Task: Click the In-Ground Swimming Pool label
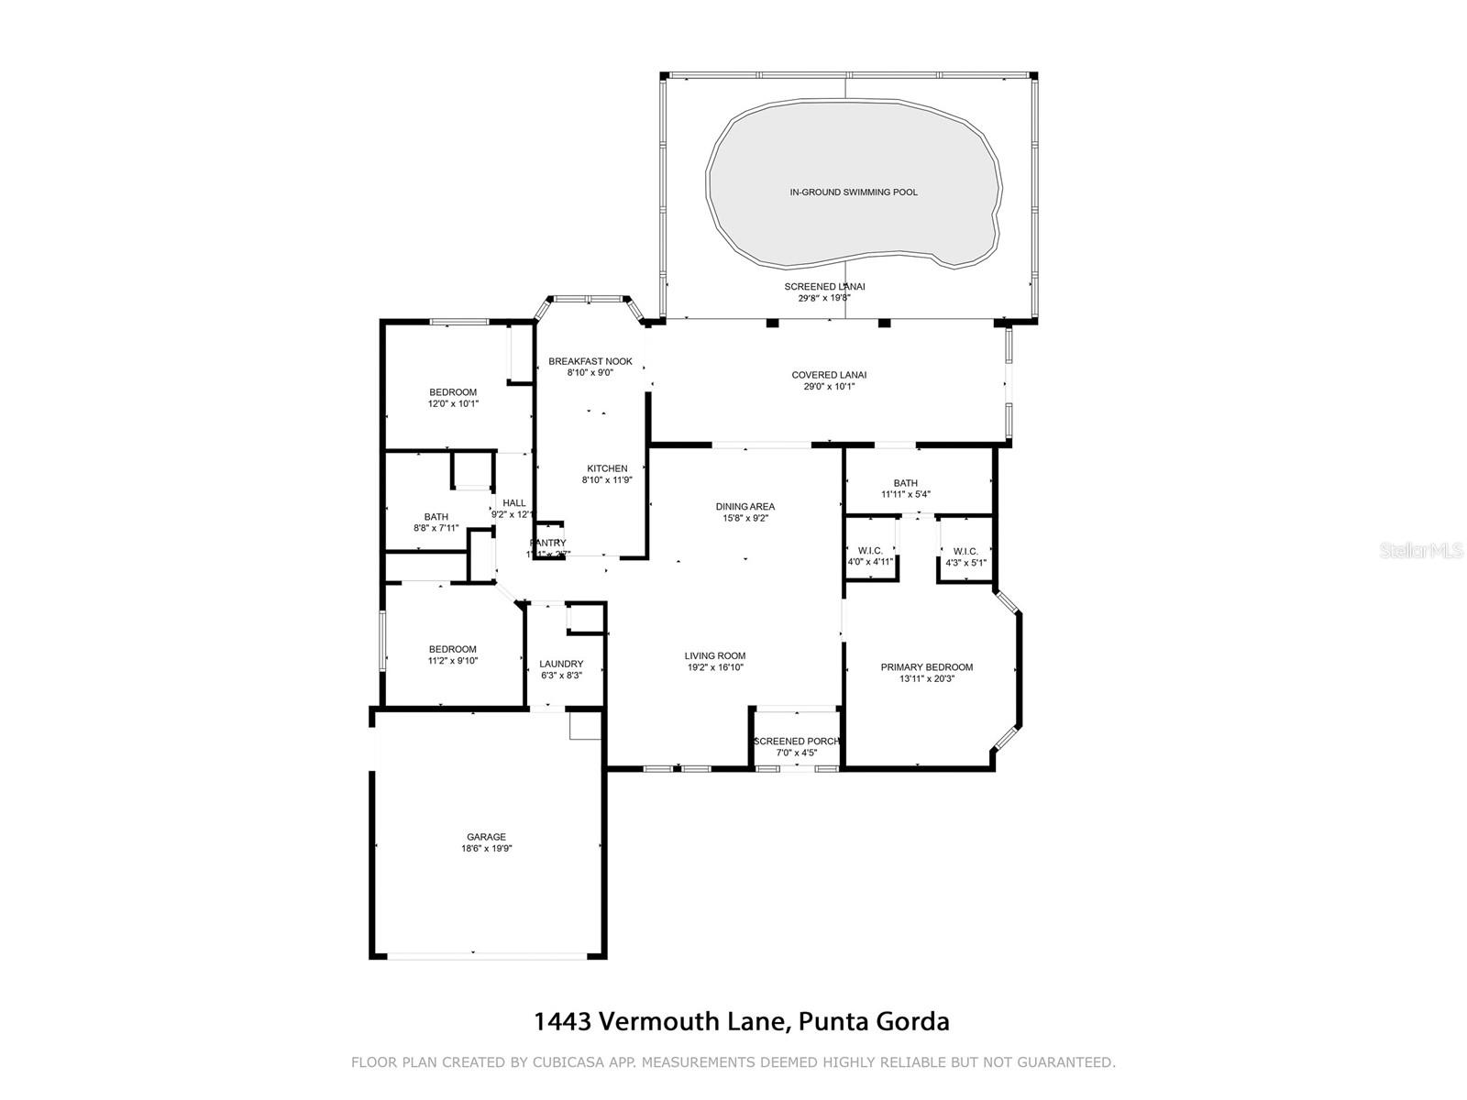(854, 192)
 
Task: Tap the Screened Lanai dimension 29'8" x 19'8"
(824, 298)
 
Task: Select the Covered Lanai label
(829, 375)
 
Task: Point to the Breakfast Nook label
(590, 361)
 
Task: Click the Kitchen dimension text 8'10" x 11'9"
(607, 479)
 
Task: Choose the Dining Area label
(745, 506)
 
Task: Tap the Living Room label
(714, 655)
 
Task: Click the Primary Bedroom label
(926, 667)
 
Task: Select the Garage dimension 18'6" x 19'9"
(486, 849)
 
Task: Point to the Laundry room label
(561, 664)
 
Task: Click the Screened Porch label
(796, 742)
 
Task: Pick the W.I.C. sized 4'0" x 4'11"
(870, 562)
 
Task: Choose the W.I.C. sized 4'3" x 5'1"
(965, 562)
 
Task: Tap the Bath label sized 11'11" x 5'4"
(905, 483)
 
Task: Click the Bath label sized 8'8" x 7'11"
(436, 517)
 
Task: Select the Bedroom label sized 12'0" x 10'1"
(453, 392)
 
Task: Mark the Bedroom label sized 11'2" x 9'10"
(453, 649)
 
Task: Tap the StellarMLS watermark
(1426, 551)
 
